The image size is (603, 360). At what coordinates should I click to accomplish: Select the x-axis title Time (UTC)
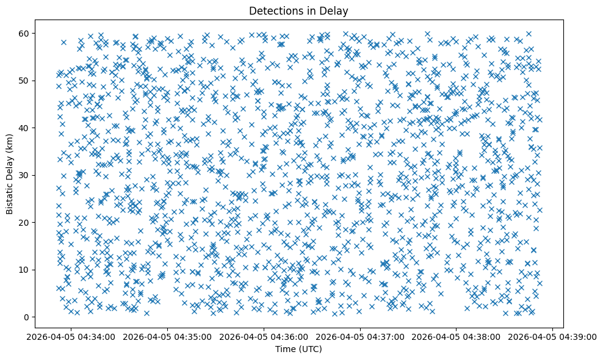[298, 349]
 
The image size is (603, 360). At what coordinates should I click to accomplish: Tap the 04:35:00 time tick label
[168, 337]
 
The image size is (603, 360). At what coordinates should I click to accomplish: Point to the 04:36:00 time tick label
[264, 337]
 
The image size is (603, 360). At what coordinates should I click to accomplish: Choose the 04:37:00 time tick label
[360, 337]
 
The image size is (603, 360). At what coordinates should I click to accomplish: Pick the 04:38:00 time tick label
[456, 337]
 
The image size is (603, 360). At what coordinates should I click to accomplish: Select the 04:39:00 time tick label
[552, 337]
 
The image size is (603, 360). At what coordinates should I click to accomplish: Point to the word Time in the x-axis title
[284, 349]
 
